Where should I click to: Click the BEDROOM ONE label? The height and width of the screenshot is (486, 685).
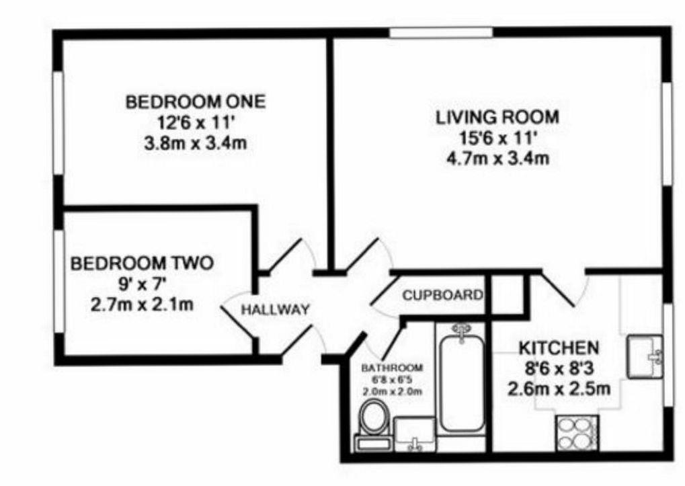coord(196,102)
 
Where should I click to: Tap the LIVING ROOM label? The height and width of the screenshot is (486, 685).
coord(497,117)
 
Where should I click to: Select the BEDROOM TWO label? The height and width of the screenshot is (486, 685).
coord(142,263)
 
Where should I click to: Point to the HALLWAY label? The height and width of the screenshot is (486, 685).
coord(276,310)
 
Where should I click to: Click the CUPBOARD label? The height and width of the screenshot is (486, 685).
coord(442,294)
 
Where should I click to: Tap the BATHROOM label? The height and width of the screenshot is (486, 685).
coord(393,368)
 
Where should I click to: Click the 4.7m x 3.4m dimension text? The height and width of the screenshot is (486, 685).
coord(497,159)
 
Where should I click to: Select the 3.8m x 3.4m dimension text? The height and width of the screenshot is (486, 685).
coord(196,144)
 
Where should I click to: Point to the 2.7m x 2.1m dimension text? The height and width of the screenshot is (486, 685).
coord(143,305)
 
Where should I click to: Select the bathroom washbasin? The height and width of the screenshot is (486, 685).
coord(414,434)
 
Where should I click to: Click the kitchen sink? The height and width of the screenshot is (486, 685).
coord(644,356)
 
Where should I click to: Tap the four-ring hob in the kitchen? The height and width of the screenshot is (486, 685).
coord(577,433)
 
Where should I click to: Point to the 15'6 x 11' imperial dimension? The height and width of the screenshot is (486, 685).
coord(497,138)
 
